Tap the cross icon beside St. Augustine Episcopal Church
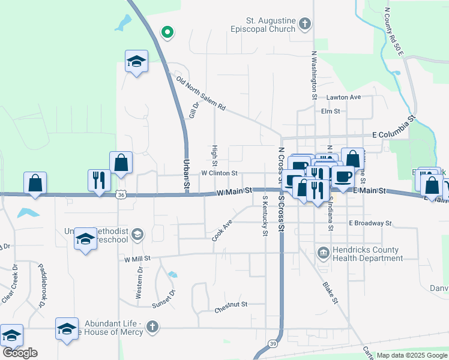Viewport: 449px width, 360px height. click(305, 24)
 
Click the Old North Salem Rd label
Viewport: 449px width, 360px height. click(200, 93)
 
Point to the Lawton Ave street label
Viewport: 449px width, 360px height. click(343, 97)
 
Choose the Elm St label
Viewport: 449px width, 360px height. click(331, 111)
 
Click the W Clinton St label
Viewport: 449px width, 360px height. click(220, 173)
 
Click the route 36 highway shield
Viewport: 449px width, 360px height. click(122, 195)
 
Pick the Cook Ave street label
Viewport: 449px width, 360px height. click(221, 230)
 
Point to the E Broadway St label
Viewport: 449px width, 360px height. click(370, 223)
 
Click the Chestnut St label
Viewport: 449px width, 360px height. click(231, 311)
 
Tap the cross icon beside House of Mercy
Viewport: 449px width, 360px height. click(152, 327)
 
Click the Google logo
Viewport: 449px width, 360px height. click(19, 353)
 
